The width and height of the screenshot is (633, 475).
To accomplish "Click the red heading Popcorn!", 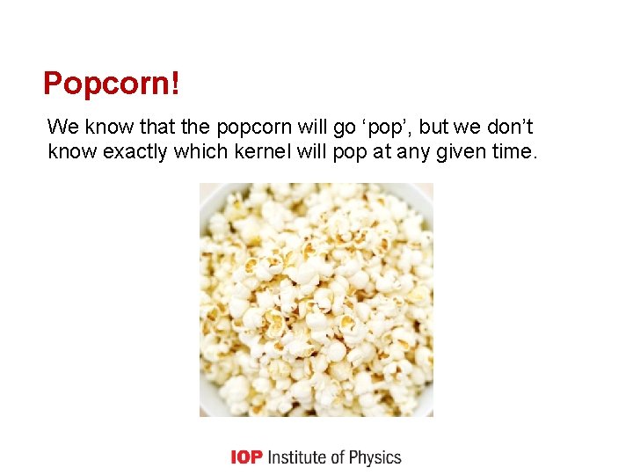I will click(x=112, y=84).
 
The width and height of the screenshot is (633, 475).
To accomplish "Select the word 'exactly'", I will click(x=136, y=151).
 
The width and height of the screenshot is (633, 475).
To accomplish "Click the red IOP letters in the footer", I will click(x=246, y=457).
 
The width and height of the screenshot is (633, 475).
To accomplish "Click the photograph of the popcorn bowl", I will click(x=316, y=299).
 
